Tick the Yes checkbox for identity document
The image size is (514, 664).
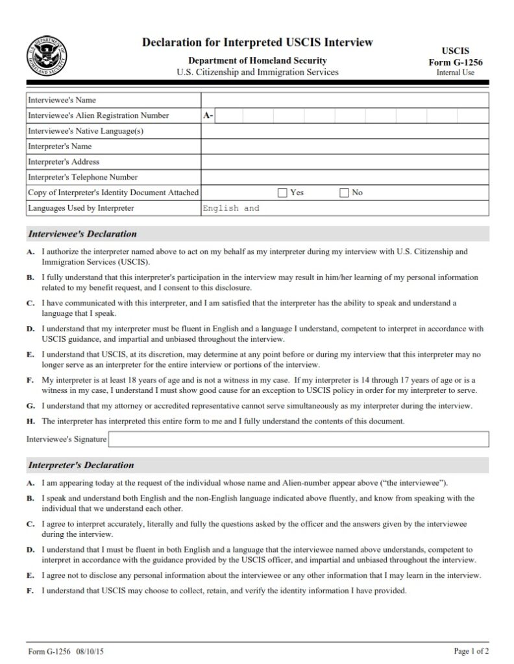pyautogui.click(x=282, y=193)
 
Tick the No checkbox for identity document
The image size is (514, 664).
pyautogui.click(x=344, y=193)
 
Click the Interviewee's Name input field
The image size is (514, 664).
pyautogui.click(x=344, y=101)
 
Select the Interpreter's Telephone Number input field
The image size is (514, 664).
pyautogui.click(x=344, y=177)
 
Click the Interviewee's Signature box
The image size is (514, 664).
pyautogui.click(x=299, y=440)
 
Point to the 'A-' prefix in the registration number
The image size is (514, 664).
pyautogui.click(x=208, y=116)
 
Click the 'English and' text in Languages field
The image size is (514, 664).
pyautogui.click(x=231, y=209)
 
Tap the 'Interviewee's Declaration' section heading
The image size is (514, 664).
pyautogui.click(x=82, y=234)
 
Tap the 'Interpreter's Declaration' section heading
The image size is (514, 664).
pyautogui.click(x=80, y=465)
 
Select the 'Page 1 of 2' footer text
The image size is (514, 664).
pyautogui.click(x=471, y=650)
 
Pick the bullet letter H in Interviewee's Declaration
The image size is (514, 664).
pyautogui.click(x=31, y=421)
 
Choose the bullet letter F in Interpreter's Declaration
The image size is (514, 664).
pyautogui.click(x=31, y=591)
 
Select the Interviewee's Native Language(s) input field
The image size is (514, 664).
pyautogui.click(x=344, y=131)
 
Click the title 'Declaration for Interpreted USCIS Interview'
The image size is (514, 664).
pyautogui.click(x=258, y=43)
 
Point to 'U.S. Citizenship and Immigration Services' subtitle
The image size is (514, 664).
pyautogui.click(x=258, y=72)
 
